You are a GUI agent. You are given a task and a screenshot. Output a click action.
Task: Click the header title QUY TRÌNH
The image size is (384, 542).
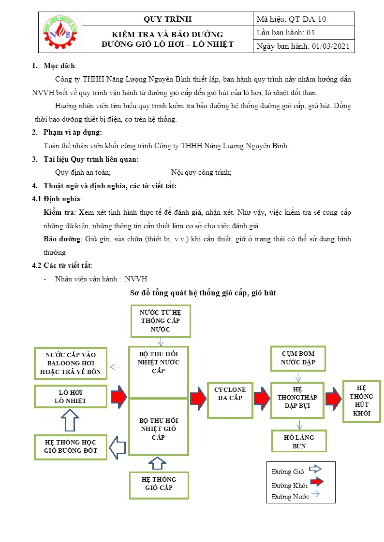[x=168, y=19]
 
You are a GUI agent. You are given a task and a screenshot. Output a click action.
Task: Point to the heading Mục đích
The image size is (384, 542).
[x=59, y=66]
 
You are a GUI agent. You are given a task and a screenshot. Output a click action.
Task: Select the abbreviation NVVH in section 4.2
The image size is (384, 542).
[x=136, y=279]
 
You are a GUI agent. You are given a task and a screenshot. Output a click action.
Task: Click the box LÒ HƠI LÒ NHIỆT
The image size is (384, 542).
[x=70, y=396]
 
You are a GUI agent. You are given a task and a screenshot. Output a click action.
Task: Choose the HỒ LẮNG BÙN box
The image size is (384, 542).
[x=299, y=441]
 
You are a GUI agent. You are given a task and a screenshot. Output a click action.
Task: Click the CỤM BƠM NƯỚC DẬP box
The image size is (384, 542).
[x=298, y=358]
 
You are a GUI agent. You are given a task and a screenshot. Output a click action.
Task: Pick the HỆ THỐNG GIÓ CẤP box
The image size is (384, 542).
[x=159, y=483]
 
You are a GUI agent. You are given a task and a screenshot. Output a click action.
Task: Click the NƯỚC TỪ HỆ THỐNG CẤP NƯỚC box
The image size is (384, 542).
[x=161, y=321]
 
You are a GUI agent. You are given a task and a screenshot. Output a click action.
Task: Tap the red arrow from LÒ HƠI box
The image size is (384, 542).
[x=118, y=397]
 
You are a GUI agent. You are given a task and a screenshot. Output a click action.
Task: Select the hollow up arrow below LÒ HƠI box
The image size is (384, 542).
[x=71, y=420]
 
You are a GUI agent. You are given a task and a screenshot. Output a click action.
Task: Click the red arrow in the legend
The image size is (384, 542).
[x=316, y=482]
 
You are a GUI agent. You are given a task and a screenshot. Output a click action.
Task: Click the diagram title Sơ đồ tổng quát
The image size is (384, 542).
[x=203, y=293]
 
